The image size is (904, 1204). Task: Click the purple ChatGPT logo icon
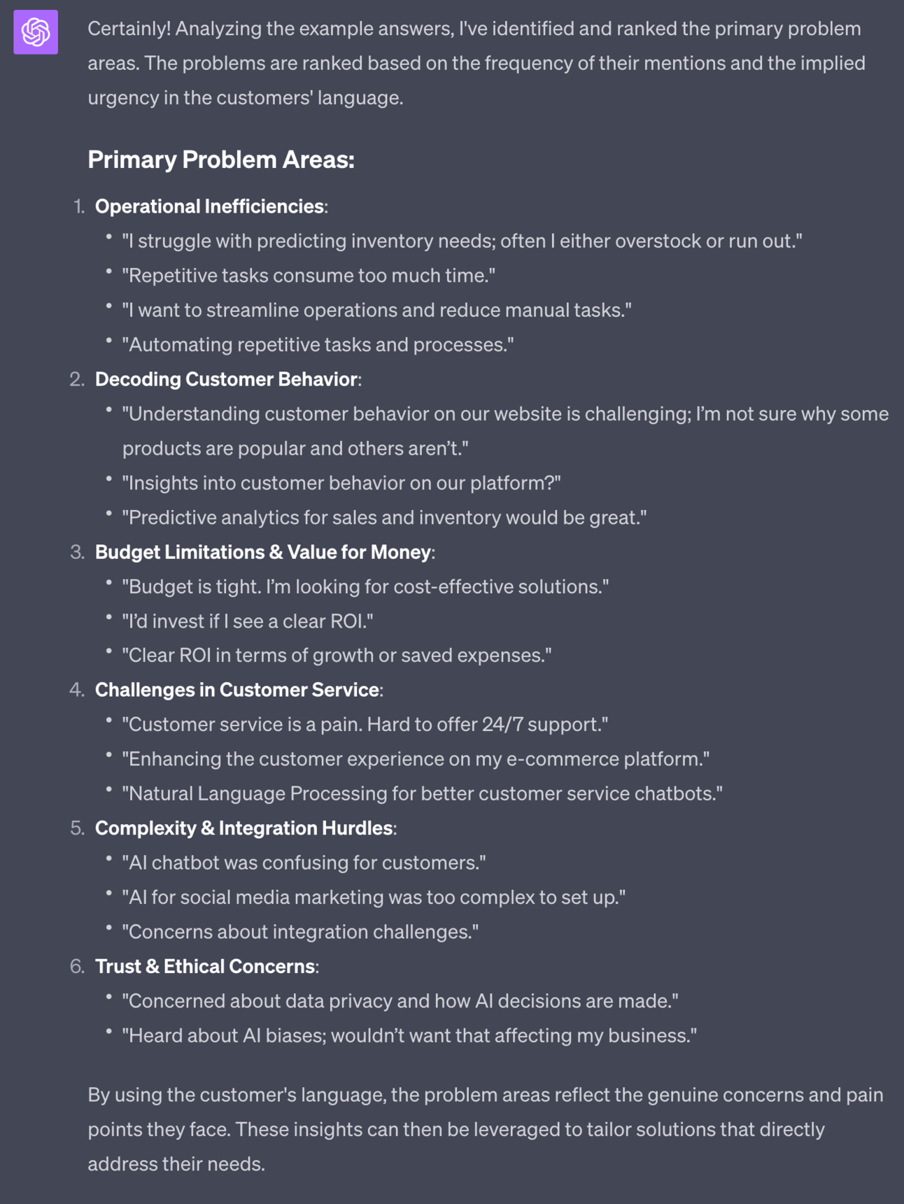(36, 31)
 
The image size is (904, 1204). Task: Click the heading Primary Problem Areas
(220, 160)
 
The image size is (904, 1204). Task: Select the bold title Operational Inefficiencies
(209, 206)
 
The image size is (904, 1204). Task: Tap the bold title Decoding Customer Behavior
(226, 379)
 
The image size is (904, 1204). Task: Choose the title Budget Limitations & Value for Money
(263, 552)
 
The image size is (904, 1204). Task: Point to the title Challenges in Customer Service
(237, 690)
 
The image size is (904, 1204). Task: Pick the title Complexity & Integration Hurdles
(243, 828)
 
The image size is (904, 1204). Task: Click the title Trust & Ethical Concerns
(205, 966)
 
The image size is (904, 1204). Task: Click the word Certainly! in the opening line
(129, 29)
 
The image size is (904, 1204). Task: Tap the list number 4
(76, 690)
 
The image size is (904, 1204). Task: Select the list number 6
(76, 966)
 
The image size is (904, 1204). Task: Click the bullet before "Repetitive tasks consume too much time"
(109, 271)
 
